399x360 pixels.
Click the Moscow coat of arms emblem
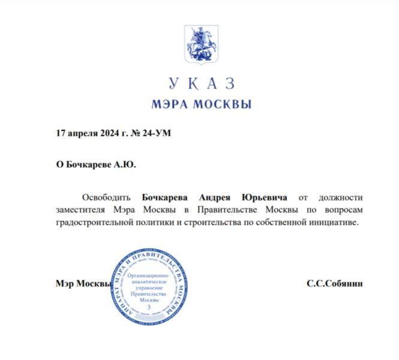[200, 46]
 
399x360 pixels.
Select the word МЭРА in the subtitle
[170, 104]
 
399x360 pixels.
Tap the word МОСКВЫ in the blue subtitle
[222, 104]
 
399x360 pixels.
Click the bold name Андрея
[220, 197]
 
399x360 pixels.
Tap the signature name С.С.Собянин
[334, 283]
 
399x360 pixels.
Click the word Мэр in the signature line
[64, 283]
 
